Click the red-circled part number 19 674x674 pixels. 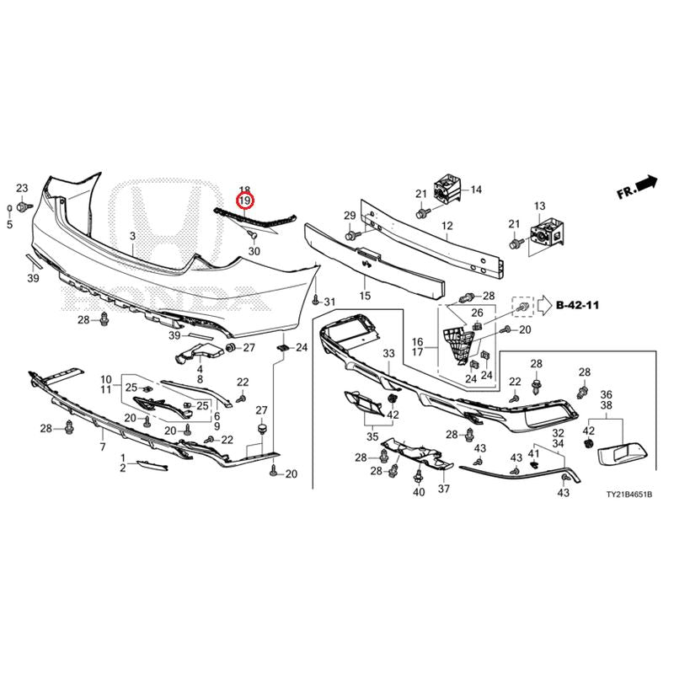click(x=245, y=201)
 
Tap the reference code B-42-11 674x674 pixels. click(x=577, y=305)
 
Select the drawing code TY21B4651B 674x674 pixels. click(x=629, y=495)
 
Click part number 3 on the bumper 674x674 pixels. click(x=133, y=236)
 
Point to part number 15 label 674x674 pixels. click(x=365, y=296)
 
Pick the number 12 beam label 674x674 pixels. click(x=447, y=226)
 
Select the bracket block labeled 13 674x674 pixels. click(x=547, y=234)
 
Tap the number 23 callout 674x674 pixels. click(x=22, y=188)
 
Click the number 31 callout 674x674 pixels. click(x=329, y=302)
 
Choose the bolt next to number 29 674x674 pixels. click(x=350, y=235)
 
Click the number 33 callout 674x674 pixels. click(x=388, y=353)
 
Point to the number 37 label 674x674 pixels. click(x=444, y=489)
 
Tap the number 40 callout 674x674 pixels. click(x=419, y=492)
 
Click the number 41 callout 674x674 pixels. click(x=533, y=453)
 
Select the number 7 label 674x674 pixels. click(x=103, y=447)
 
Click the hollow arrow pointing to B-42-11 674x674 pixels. click(x=544, y=305)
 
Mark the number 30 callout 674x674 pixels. click(x=254, y=251)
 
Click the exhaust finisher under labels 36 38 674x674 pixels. click(x=623, y=453)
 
